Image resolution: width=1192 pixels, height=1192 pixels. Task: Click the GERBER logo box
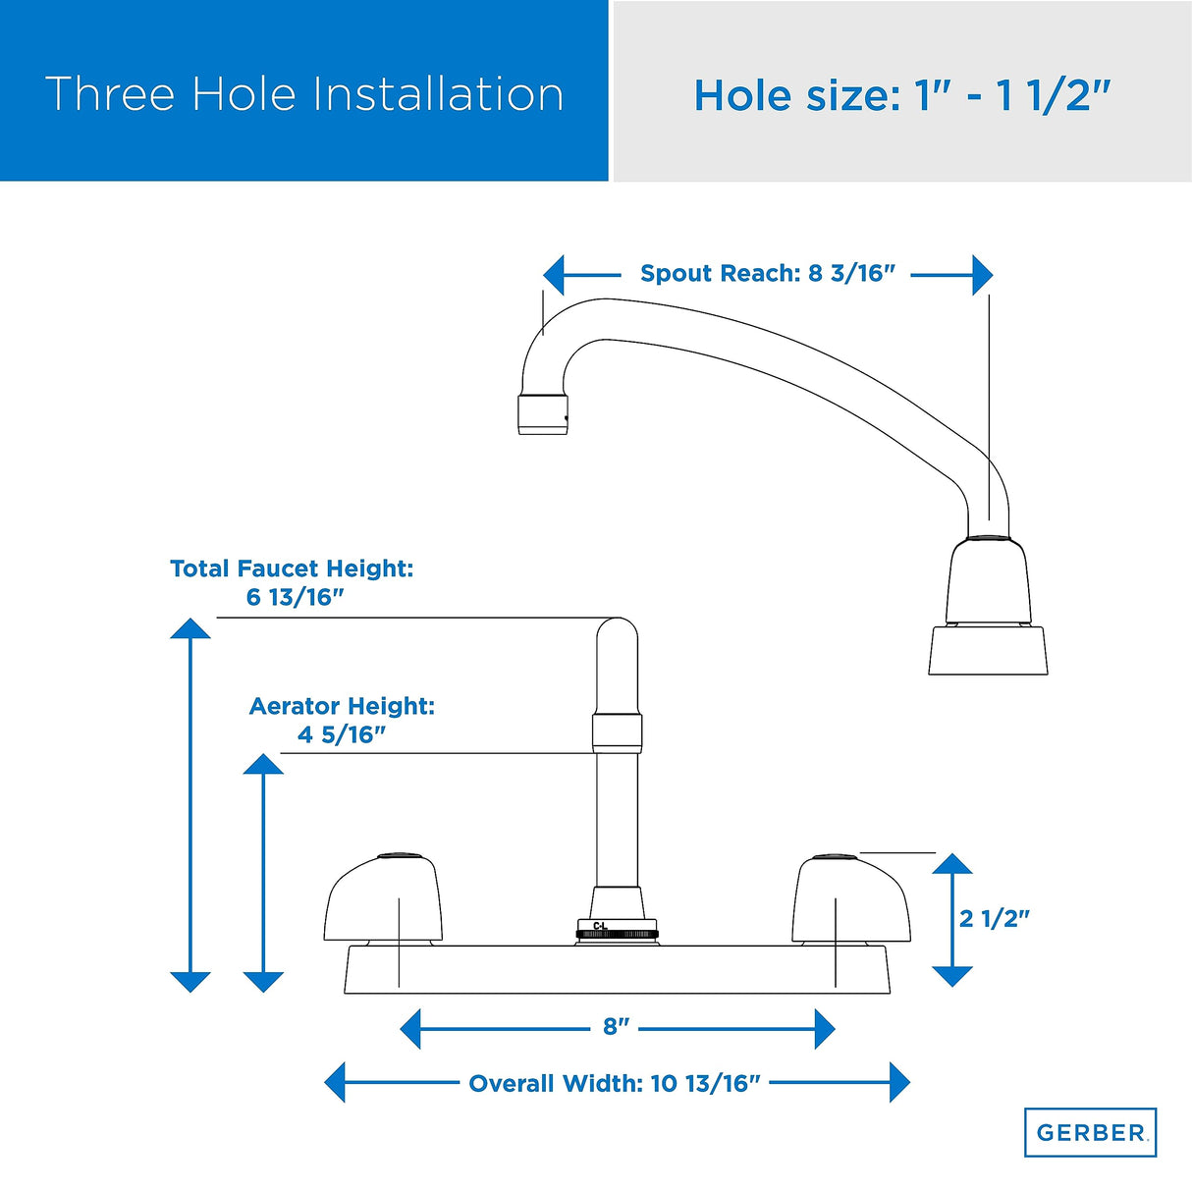(1090, 1132)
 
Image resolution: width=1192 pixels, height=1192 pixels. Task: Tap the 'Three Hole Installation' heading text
(304, 94)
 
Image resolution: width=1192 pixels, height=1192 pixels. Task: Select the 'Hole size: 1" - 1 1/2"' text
(902, 96)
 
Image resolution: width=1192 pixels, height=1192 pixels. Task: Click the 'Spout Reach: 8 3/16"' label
(768, 273)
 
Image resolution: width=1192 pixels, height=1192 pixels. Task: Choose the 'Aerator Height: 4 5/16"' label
(342, 720)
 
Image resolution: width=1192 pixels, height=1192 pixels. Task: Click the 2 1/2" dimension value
(994, 919)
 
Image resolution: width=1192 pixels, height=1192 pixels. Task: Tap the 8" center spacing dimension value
(616, 1026)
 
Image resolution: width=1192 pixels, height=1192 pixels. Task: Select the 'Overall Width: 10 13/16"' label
(615, 1083)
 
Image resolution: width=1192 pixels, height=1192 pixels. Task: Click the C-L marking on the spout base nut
(600, 926)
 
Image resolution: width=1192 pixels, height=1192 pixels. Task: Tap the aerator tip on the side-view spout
(543, 414)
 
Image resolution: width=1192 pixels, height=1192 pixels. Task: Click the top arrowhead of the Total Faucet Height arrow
(190, 627)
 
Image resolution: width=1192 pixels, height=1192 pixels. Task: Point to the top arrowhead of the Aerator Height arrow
(263, 763)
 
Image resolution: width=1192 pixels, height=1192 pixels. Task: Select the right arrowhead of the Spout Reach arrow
(982, 275)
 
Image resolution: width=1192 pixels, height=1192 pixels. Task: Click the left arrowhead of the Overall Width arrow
(335, 1082)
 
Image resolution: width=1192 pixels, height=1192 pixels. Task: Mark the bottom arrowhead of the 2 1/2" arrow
(952, 977)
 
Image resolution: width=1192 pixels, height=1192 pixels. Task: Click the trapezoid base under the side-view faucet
(988, 650)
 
